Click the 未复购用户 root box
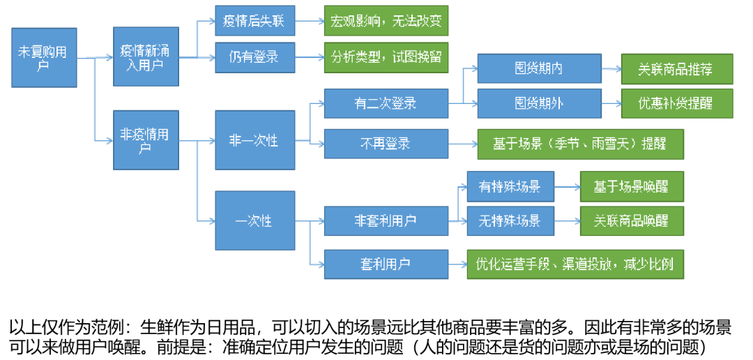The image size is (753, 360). (x=44, y=57)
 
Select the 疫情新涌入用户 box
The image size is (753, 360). (x=146, y=57)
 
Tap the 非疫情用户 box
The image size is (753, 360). (x=146, y=140)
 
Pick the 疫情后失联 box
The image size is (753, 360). (x=254, y=20)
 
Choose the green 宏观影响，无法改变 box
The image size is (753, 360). (x=386, y=20)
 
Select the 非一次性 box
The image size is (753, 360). (x=254, y=140)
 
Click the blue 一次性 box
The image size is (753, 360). (x=254, y=220)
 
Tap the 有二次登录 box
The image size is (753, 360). (x=386, y=103)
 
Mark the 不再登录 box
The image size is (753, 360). (x=386, y=144)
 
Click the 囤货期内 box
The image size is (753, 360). (x=538, y=68)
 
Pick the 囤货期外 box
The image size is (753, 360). (x=538, y=103)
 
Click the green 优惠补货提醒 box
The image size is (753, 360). (x=676, y=103)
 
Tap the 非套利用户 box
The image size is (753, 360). (x=386, y=220)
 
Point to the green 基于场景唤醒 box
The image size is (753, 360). (x=631, y=186)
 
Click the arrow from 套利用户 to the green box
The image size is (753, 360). (x=457, y=264)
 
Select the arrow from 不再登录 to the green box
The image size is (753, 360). (x=462, y=144)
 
